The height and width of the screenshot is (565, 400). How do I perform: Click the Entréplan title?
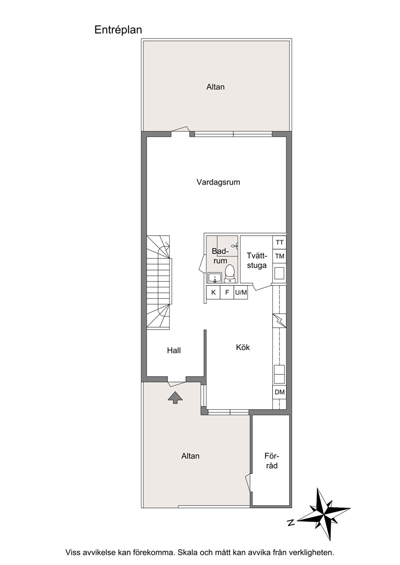tap(118, 30)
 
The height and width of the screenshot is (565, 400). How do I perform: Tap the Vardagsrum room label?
tap(218, 182)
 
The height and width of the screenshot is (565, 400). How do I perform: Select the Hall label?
tap(174, 350)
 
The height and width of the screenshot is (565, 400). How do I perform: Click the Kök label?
tap(243, 347)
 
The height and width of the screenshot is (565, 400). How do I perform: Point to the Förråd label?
tap(272, 461)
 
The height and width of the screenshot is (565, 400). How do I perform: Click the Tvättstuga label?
tap(257, 261)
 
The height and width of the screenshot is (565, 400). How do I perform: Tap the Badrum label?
tap(220, 256)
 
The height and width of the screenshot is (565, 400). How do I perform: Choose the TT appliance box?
tap(279, 242)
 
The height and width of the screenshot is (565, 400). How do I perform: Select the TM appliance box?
tap(279, 256)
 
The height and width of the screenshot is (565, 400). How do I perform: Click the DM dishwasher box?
tap(279, 392)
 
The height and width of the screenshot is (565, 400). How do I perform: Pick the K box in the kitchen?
tap(213, 292)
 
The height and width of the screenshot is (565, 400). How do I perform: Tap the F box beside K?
tap(227, 292)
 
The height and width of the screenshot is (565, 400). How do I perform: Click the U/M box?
tap(241, 292)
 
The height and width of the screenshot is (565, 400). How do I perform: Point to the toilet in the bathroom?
tap(229, 273)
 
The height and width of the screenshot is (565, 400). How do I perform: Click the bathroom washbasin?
tap(215, 277)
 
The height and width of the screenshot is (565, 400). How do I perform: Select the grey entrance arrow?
tap(175, 397)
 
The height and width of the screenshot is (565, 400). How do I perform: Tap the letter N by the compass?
tap(291, 522)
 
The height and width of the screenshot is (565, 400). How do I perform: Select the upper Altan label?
tap(215, 87)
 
